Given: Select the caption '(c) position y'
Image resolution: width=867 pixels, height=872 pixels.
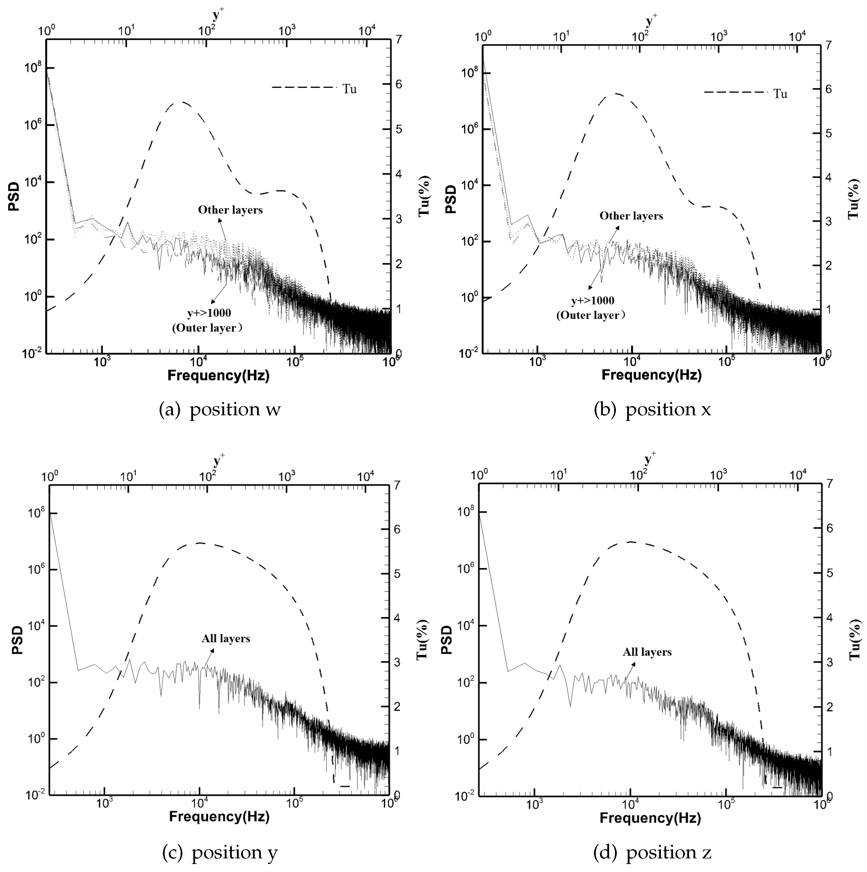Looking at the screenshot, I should (220, 852).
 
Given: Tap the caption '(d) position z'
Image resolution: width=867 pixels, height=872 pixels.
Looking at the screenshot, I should (652, 852).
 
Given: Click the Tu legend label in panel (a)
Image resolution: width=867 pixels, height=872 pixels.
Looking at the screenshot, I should (349, 89).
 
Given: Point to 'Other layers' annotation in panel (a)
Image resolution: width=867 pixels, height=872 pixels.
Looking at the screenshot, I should (230, 210).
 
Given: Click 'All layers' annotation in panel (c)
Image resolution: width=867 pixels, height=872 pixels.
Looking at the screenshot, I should (226, 639).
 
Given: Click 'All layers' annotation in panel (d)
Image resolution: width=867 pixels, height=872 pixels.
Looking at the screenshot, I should (647, 652).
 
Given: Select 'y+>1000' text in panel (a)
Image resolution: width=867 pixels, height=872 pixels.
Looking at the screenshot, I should (209, 313).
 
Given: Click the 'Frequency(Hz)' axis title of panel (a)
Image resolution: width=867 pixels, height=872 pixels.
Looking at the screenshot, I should (219, 376).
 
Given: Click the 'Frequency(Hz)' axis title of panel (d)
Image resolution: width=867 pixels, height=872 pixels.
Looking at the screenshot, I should (650, 818).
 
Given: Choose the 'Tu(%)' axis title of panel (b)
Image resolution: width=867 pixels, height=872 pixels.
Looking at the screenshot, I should (853, 199).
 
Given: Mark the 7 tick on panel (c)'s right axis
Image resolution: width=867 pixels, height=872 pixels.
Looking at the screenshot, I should (397, 485).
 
